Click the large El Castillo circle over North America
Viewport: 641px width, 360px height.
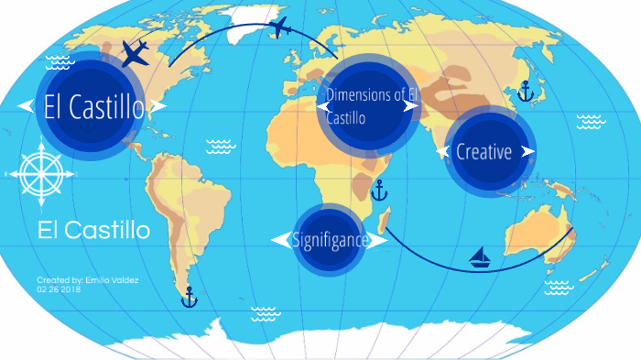coord(92,106)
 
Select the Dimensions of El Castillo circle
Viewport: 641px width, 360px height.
coord(371,103)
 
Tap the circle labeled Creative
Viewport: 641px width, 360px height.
coord(484,151)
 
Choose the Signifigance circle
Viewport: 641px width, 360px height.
coord(329,240)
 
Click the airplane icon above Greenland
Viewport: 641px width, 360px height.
coord(280,28)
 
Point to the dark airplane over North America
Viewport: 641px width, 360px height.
coord(135,54)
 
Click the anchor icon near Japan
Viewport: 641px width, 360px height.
coord(525,91)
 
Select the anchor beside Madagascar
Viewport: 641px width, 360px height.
coord(379,191)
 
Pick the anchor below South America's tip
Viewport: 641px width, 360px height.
coord(189,297)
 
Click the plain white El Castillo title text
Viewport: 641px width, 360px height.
coord(94,230)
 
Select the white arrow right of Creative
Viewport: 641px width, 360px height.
coord(527,151)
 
